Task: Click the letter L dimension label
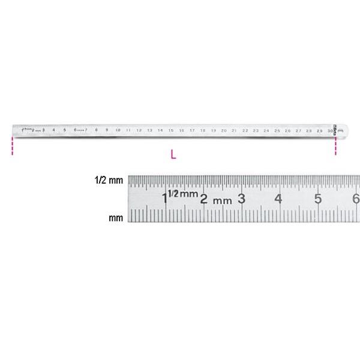point(173,154)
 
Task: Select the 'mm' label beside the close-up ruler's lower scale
point(116,218)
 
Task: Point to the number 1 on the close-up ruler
point(164,199)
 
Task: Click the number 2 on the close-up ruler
point(204,199)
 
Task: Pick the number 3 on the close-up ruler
point(241,199)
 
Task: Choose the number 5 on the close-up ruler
point(317,199)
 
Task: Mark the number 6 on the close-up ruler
point(355,199)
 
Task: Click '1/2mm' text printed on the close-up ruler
point(182,194)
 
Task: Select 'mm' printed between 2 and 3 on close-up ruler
point(223,200)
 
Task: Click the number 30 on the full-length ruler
point(329,130)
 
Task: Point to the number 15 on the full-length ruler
point(171,130)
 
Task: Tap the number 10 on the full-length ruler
point(118,130)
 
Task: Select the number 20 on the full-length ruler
point(224,130)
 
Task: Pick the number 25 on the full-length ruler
point(277,130)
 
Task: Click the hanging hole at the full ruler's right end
point(341,130)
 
